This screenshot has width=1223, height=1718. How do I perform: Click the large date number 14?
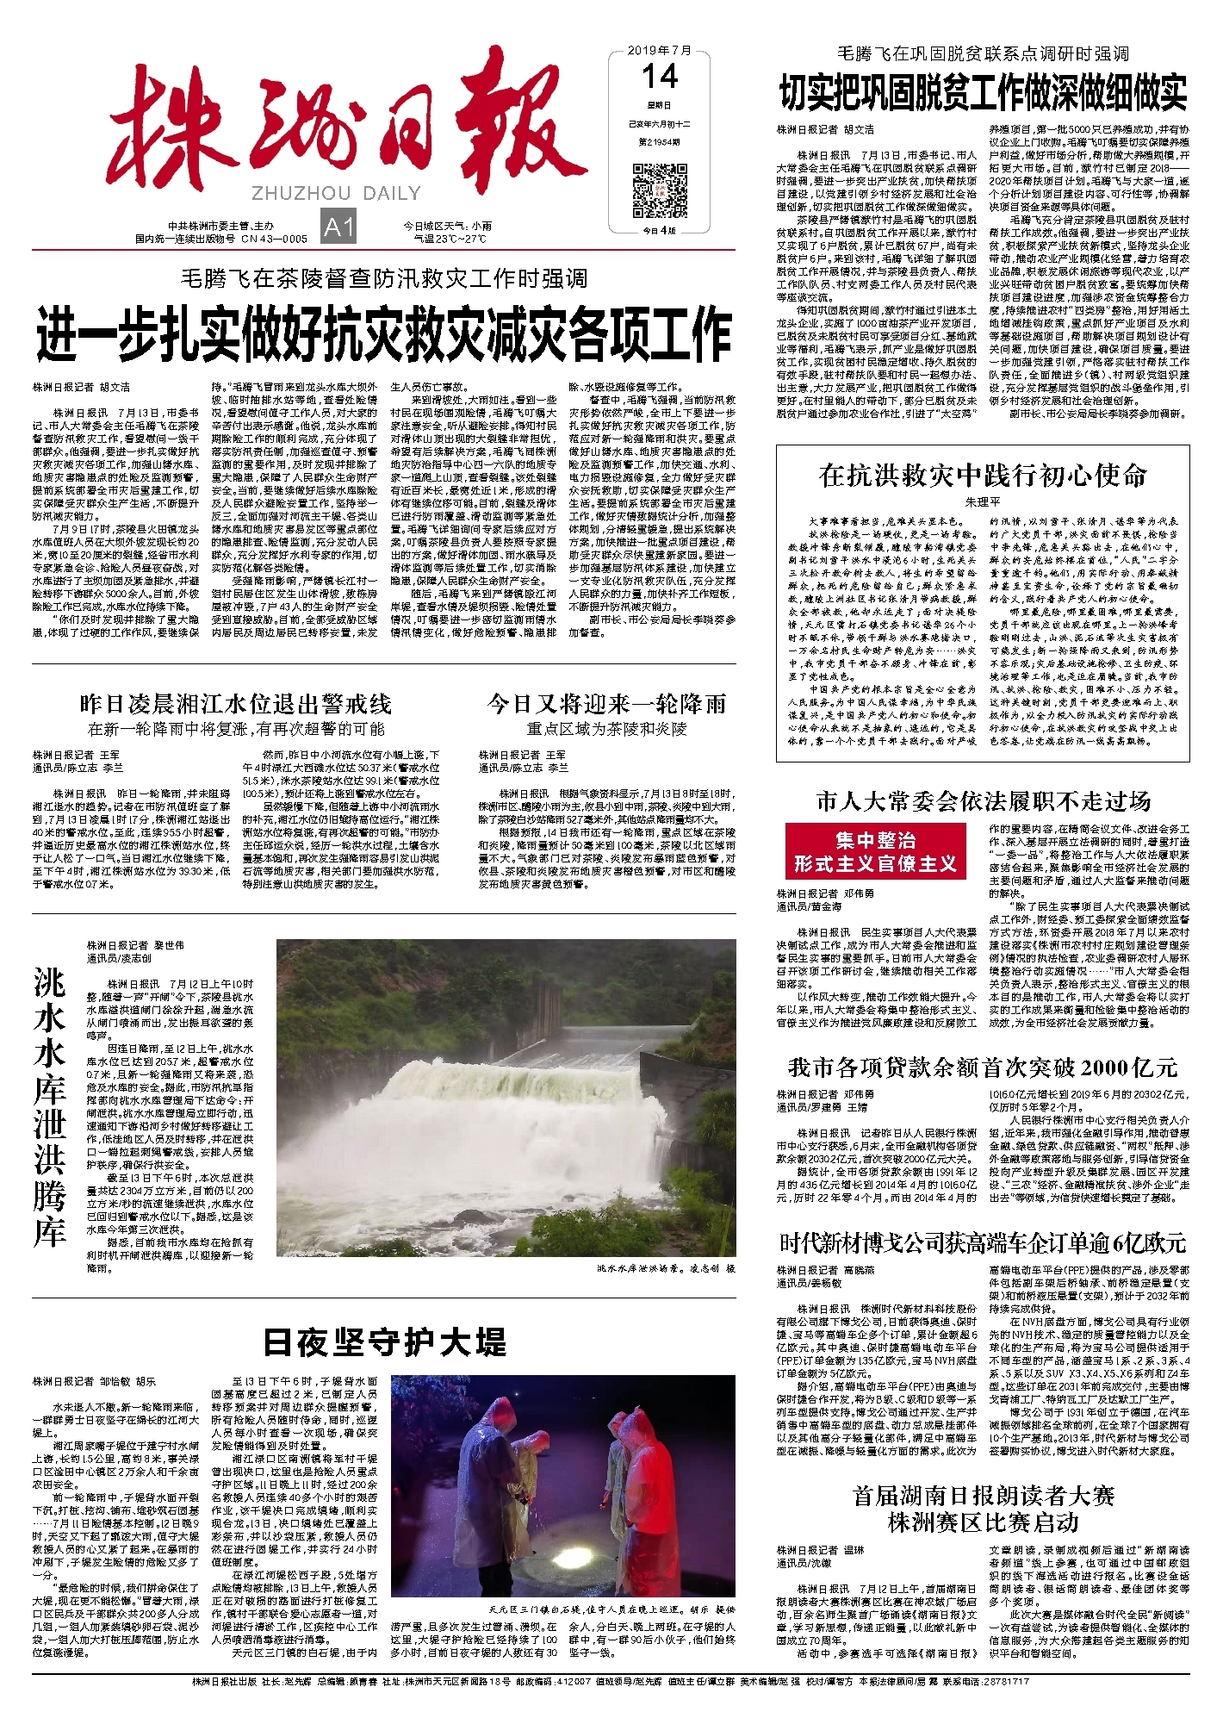660,78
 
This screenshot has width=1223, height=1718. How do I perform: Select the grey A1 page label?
338,227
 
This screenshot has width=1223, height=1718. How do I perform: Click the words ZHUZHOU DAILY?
337,193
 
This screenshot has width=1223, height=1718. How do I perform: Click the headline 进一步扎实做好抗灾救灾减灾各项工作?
384,334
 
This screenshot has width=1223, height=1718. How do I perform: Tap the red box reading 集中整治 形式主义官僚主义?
874,852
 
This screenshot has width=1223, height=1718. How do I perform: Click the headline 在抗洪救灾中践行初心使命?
983,475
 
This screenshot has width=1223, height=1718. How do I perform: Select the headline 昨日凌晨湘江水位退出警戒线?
235,704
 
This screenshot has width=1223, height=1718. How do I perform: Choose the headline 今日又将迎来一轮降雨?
606,704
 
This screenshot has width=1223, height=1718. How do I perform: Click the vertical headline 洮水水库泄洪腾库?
50,1106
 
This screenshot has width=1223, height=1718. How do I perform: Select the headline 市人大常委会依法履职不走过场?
983,802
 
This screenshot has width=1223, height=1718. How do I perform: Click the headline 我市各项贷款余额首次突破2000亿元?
983,1068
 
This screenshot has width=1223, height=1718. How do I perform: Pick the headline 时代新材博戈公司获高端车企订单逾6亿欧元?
983,1243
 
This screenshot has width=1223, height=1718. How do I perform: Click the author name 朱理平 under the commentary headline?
983,501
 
